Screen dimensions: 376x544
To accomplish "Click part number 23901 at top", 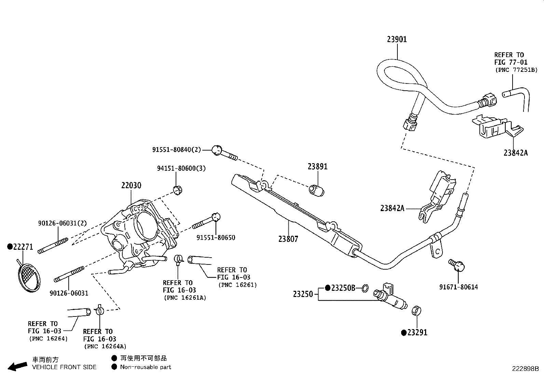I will (397, 39).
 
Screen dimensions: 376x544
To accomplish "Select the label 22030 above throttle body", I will (131, 185).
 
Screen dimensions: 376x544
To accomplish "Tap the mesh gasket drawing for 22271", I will (28, 277).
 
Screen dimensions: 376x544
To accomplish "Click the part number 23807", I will (288, 239).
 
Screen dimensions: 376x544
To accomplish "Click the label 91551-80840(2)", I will (176, 150).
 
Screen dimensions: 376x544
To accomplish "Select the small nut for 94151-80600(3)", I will (178, 190).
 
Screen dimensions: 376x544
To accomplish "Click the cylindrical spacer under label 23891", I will (316, 190).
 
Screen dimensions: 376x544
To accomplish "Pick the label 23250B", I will (343, 288).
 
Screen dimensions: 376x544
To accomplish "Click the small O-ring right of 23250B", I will (365, 289).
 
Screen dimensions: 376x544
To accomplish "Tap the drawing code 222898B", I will (525, 369).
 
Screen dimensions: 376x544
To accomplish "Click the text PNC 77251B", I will (516, 70).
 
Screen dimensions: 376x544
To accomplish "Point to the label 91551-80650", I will (216, 237).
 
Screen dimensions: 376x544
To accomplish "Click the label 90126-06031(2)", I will (62, 223).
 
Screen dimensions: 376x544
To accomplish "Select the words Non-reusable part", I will (146, 367).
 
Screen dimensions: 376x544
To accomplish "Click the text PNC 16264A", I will (105, 346).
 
